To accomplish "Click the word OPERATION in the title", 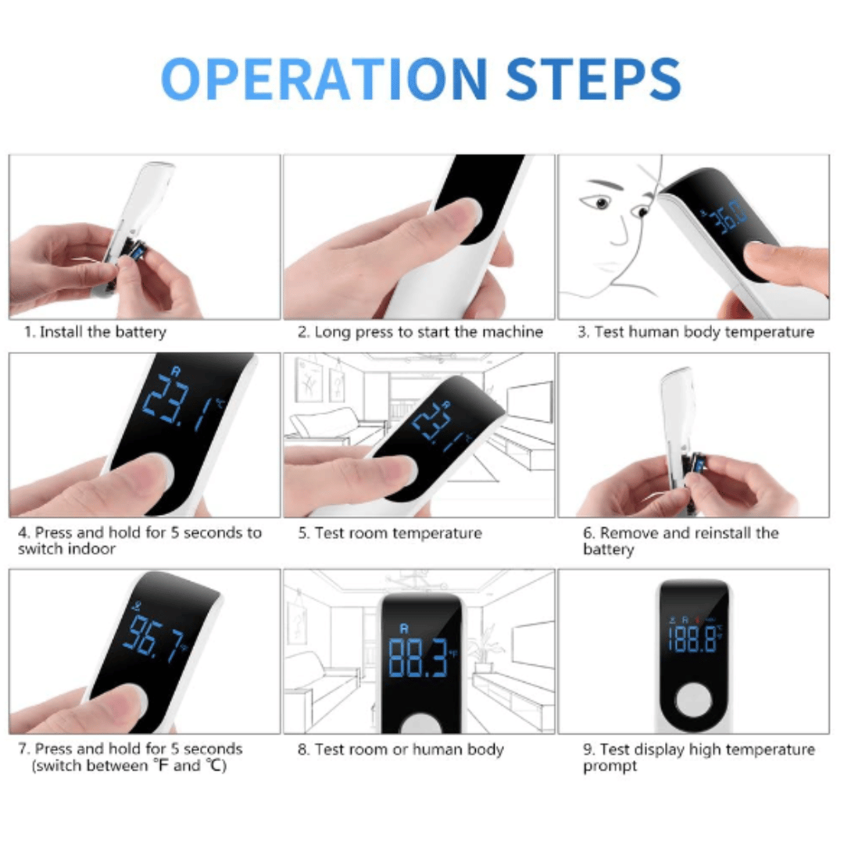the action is pos(324,78).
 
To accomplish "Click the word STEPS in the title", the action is pos(594,79).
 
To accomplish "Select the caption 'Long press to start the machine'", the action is pos(428,332).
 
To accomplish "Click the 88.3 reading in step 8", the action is pos(418,657).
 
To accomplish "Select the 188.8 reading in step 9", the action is pos(693,639).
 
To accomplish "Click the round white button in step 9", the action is pos(694,699).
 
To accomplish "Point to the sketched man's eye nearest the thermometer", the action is pos(641,211).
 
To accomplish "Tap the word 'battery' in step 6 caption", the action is pos(608,549).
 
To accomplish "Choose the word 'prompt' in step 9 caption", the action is pos(610,766).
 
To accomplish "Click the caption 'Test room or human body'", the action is pos(409,749).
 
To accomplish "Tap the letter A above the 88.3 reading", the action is pos(404,628).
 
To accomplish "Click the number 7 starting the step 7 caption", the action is pos(22,749).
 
